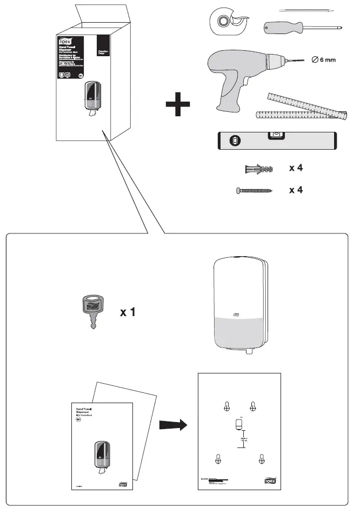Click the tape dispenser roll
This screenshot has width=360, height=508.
pyautogui.click(x=222, y=20)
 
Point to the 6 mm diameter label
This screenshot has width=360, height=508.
pyautogui.click(x=324, y=59)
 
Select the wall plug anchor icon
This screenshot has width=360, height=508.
pyautogui.click(x=258, y=169)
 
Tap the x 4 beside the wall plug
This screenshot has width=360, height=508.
pyautogui.click(x=296, y=169)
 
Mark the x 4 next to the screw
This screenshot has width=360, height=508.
pyautogui.click(x=296, y=190)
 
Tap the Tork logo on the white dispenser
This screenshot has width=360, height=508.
pyautogui.click(x=235, y=315)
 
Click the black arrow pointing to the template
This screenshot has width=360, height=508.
pyautogui.click(x=172, y=425)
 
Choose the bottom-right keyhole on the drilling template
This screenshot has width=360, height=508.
pyautogui.click(x=262, y=459)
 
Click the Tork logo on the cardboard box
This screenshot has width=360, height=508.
pyautogui.click(x=65, y=41)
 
